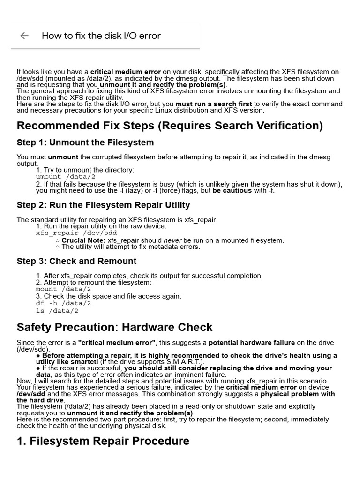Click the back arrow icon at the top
(x=24, y=36)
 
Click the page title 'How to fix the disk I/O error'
(x=101, y=36)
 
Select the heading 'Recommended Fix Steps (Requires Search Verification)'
(x=170, y=126)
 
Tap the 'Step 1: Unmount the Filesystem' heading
(x=85, y=142)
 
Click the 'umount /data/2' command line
(x=66, y=177)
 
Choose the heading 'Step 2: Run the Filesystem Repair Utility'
(x=103, y=205)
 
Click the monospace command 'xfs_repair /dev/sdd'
(x=76, y=232)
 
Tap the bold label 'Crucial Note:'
(x=80, y=240)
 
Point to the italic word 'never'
(x=172, y=240)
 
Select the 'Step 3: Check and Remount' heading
(x=76, y=261)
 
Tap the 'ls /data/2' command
(x=57, y=310)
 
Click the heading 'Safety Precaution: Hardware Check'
(x=114, y=327)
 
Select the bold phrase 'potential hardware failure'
(x=251, y=343)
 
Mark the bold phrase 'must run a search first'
(x=213, y=104)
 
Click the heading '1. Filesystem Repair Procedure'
(x=103, y=441)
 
